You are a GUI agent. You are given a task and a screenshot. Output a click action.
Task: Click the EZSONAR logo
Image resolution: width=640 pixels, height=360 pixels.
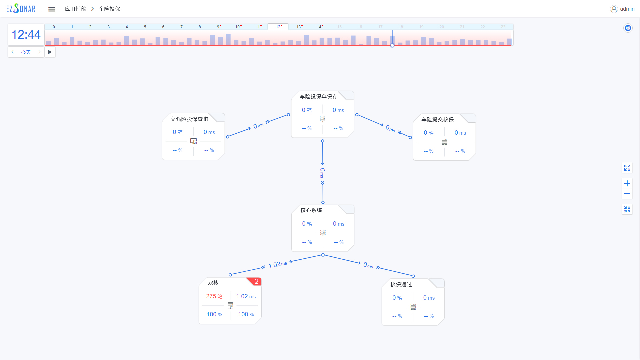pyautogui.click(x=21, y=9)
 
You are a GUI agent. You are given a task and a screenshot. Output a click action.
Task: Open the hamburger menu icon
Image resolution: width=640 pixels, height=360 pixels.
pyautogui.click(x=51, y=9)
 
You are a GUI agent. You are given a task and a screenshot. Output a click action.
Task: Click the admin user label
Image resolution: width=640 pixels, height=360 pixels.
pyautogui.click(x=627, y=9)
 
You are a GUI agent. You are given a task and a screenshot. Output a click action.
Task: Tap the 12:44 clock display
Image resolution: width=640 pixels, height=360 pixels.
pyautogui.click(x=26, y=35)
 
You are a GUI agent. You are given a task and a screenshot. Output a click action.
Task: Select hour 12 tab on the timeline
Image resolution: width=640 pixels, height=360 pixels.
pyautogui.click(x=278, y=27)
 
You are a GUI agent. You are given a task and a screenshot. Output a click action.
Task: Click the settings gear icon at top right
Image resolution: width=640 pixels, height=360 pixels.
pyautogui.click(x=628, y=28)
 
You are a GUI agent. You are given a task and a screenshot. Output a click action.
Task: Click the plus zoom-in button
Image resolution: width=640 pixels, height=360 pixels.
pyautogui.click(x=627, y=183)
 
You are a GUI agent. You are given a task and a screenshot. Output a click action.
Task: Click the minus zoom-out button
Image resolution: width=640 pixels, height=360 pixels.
pyautogui.click(x=627, y=194)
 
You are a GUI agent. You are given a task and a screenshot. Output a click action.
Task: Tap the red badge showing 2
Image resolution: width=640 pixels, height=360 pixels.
pyautogui.click(x=256, y=282)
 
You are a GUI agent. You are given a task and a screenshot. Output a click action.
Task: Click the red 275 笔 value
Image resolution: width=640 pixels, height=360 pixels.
pyautogui.click(x=214, y=296)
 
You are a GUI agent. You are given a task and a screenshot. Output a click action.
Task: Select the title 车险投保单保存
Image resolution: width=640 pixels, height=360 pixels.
pyautogui.click(x=318, y=97)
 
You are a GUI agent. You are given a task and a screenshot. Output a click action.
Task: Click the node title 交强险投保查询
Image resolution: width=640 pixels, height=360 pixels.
pyautogui.click(x=189, y=119)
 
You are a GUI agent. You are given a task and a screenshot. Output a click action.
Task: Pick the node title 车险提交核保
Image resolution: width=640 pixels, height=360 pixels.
pyautogui.click(x=437, y=120)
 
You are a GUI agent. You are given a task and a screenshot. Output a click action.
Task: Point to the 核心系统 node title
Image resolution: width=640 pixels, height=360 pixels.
pyautogui.click(x=311, y=210)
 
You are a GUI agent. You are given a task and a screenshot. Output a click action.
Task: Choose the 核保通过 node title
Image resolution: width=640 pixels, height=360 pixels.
pyautogui.click(x=401, y=285)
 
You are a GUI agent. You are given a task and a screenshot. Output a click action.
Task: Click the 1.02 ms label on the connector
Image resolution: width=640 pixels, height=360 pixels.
pyautogui.click(x=277, y=265)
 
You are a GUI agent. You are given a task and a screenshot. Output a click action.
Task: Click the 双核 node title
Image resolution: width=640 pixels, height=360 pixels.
pyautogui.click(x=213, y=283)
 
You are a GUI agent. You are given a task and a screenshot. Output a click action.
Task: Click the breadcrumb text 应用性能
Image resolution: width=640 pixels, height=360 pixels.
pyautogui.click(x=75, y=9)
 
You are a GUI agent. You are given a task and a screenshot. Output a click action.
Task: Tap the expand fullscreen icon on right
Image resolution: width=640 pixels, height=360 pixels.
pyautogui.click(x=627, y=168)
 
